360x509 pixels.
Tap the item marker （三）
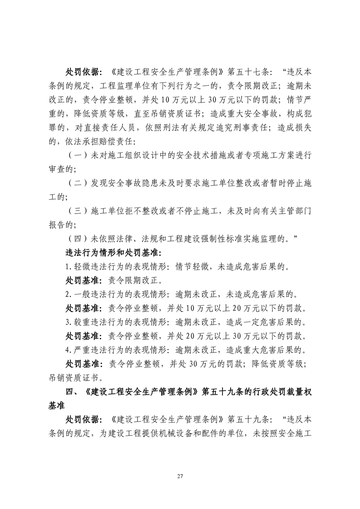76,211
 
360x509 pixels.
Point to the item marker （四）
76,240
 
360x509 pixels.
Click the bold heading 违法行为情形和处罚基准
114,253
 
